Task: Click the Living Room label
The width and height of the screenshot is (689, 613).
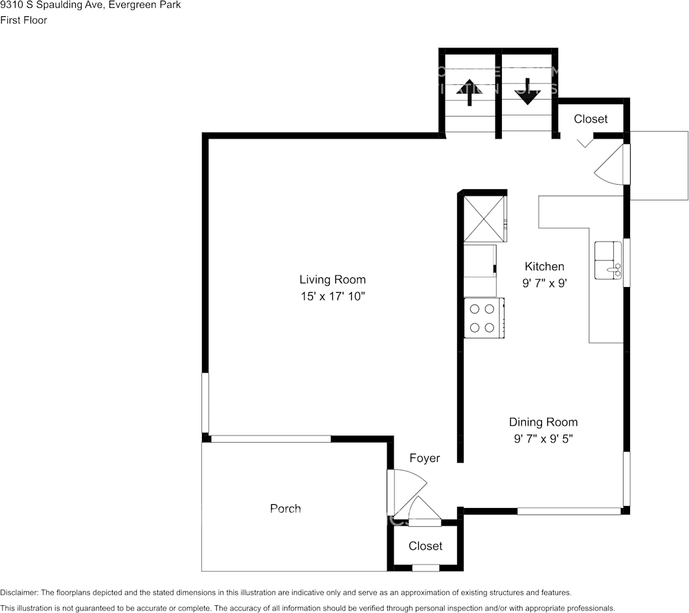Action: click(x=332, y=280)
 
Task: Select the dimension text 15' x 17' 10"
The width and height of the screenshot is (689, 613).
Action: click(x=332, y=297)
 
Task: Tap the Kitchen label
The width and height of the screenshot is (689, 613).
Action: click(x=544, y=266)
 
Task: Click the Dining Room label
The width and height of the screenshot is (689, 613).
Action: click(x=543, y=422)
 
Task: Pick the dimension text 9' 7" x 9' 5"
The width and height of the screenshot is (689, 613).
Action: click(x=543, y=439)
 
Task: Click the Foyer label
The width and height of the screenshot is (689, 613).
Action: click(x=424, y=458)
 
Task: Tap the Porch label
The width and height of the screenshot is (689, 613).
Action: click(x=285, y=509)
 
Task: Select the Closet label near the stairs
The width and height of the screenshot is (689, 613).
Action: click(x=591, y=119)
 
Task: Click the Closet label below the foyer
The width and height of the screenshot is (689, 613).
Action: click(x=425, y=546)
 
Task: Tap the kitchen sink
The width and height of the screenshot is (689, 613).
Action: click(x=608, y=260)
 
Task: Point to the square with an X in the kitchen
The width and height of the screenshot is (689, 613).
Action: click(x=484, y=217)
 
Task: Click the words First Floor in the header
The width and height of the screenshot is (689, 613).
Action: click(x=23, y=20)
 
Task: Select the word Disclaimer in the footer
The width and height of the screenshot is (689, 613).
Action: click(x=19, y=593)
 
